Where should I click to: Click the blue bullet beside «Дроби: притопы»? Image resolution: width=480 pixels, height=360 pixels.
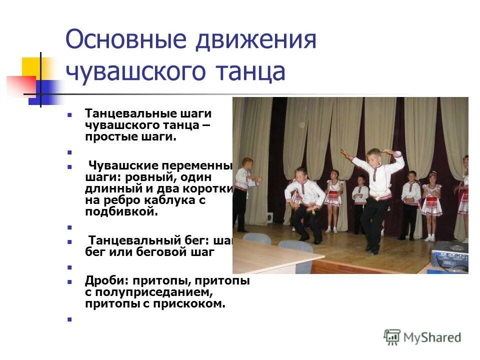(70, 281)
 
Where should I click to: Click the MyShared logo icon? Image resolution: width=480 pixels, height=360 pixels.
(392, 337)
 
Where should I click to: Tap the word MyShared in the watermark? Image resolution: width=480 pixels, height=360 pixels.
(432, 338)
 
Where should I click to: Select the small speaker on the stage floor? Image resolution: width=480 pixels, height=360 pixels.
(270, 217)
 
